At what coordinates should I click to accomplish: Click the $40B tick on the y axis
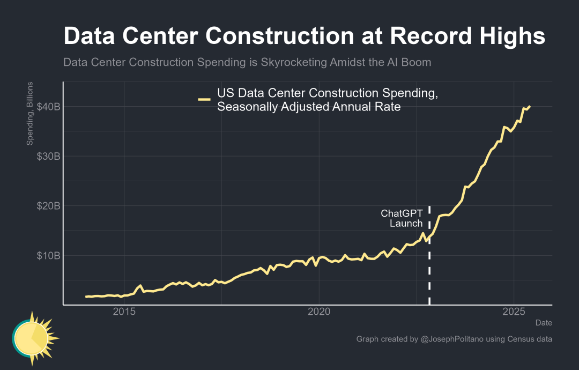coord(48,107)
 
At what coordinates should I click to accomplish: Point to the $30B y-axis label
coord(48,156)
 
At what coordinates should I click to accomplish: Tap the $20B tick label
coord(48,206)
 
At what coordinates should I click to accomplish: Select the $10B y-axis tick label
coord(48,255)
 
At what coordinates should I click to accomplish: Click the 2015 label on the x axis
coord(124,312)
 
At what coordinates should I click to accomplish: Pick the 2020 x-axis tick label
coord(319,312)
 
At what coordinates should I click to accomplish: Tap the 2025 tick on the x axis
coord(514,312)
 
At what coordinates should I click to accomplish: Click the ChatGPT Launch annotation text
coord(402,218)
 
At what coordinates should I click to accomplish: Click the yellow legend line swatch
coord(204,99)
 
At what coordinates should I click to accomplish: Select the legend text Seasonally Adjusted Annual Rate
coord(309,107)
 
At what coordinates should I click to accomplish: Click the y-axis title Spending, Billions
coord(30,114)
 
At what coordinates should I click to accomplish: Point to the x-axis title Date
coord(544,323)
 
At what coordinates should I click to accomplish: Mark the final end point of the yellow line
coord(530,107)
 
